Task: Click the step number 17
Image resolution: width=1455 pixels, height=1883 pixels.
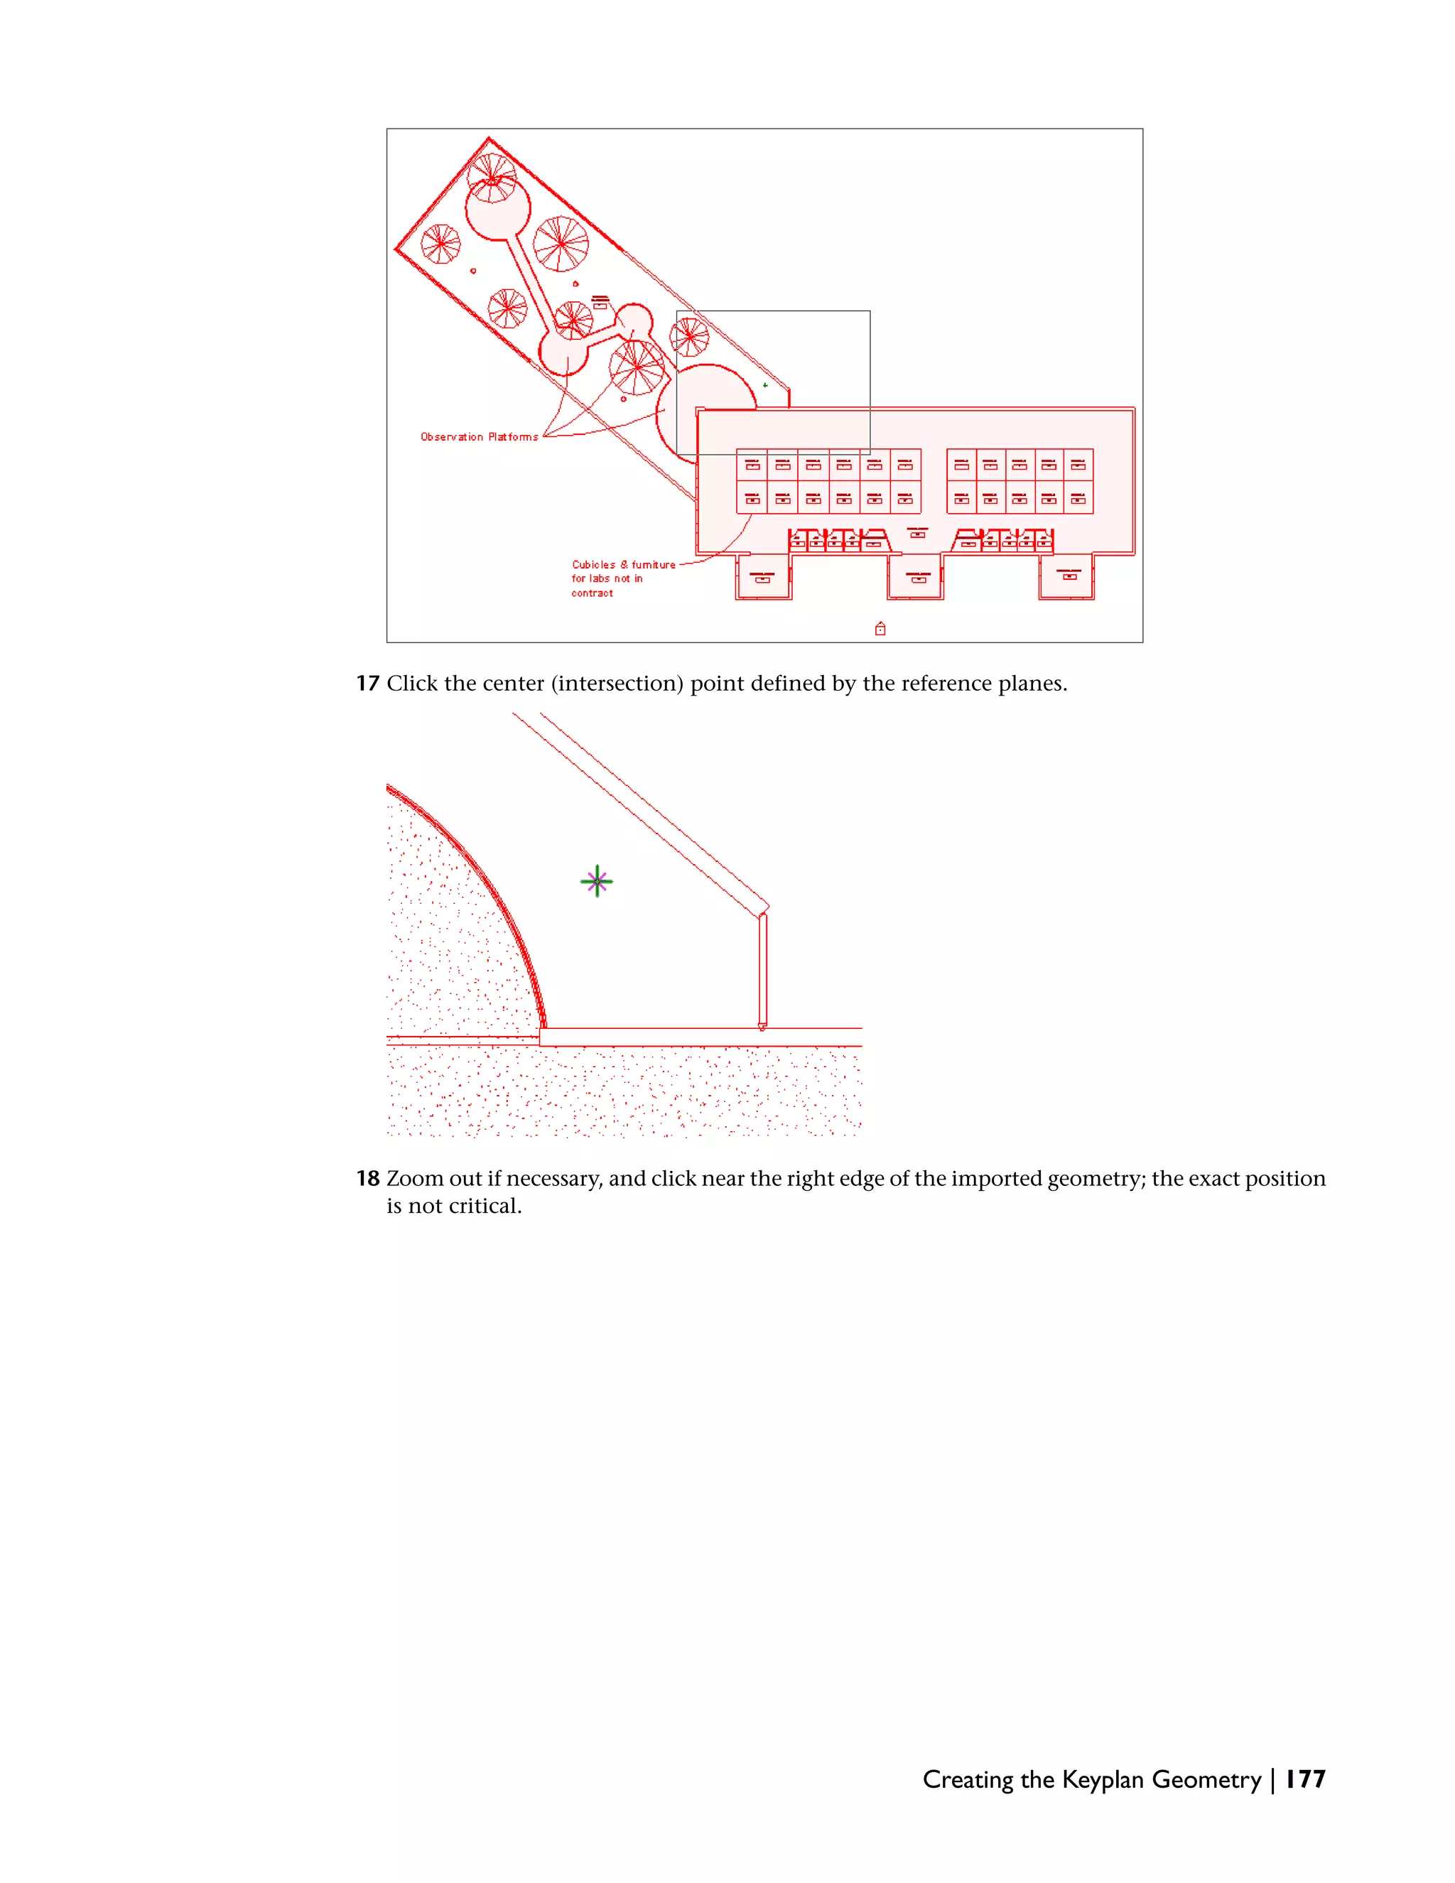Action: coord(367,684)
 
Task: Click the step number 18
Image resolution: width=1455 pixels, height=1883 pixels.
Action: coord(367,1179)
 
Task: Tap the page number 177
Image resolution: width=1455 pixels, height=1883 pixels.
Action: coord(1304,1779)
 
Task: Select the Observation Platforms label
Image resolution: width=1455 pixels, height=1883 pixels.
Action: coord(478,437)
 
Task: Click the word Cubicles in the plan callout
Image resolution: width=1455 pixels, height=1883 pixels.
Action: coord(593,565)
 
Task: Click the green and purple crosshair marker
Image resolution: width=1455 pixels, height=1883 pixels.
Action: coord(597,881)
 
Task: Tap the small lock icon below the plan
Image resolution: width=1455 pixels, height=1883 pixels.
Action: coord(880,629)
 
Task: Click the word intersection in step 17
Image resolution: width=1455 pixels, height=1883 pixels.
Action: coord(617,684)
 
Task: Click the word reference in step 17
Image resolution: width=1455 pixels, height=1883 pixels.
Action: coord(926,684)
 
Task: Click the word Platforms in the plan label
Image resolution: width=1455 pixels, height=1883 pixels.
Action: coord(513,437)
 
